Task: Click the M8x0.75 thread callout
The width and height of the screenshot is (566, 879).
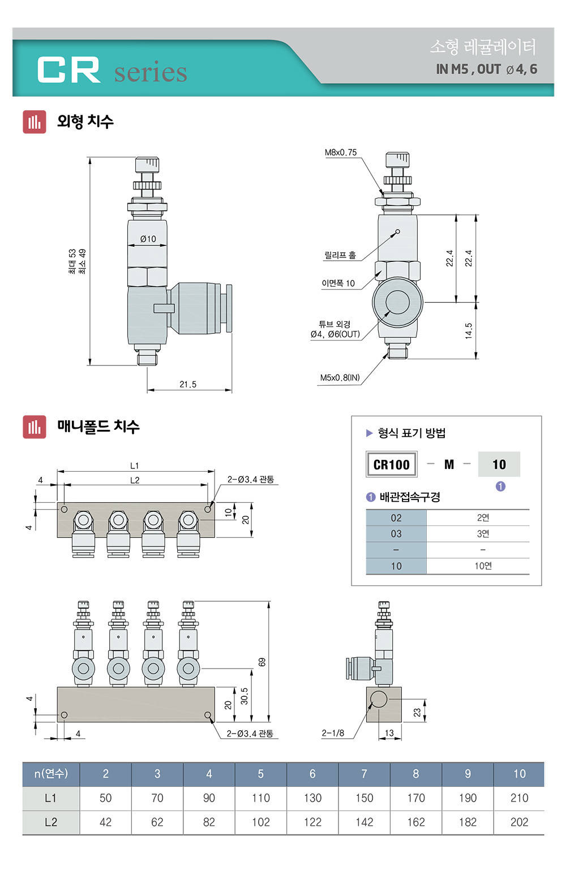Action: tap(341, 152)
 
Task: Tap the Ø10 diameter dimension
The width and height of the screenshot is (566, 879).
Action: tap(148, 239)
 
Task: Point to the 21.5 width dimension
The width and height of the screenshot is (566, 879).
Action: tap(188, 384)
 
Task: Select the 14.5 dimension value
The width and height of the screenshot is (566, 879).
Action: tap(469, 330)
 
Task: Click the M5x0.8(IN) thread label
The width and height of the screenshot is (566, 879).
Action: tap(340, 377)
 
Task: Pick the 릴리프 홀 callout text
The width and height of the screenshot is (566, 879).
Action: tap(340, 255)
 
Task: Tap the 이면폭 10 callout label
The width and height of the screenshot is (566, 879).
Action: tap(338, 283)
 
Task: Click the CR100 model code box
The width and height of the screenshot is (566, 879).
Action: tap(391, 464)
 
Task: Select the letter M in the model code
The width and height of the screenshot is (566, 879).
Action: tap(449, 464)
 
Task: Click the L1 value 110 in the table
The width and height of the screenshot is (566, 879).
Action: tap(261, 798)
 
